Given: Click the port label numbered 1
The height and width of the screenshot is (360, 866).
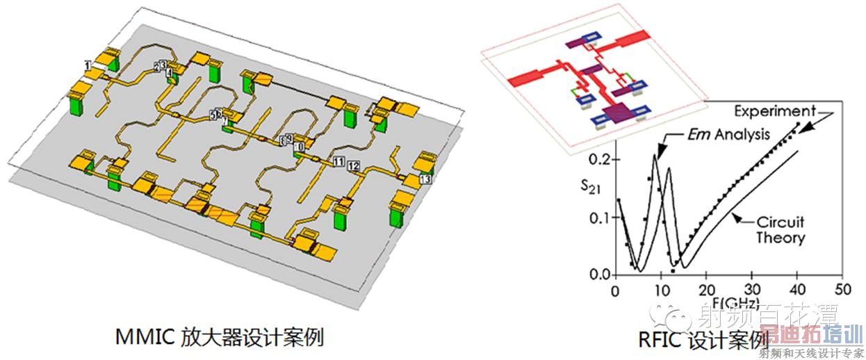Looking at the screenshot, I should click(x=88, y=65).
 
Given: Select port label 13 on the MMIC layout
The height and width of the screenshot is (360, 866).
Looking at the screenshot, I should click(x=426, y=179).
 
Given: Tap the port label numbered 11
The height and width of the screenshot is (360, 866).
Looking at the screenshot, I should click(x=338, y=163).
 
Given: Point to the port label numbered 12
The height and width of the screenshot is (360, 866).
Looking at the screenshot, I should click(x=354, y=165).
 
